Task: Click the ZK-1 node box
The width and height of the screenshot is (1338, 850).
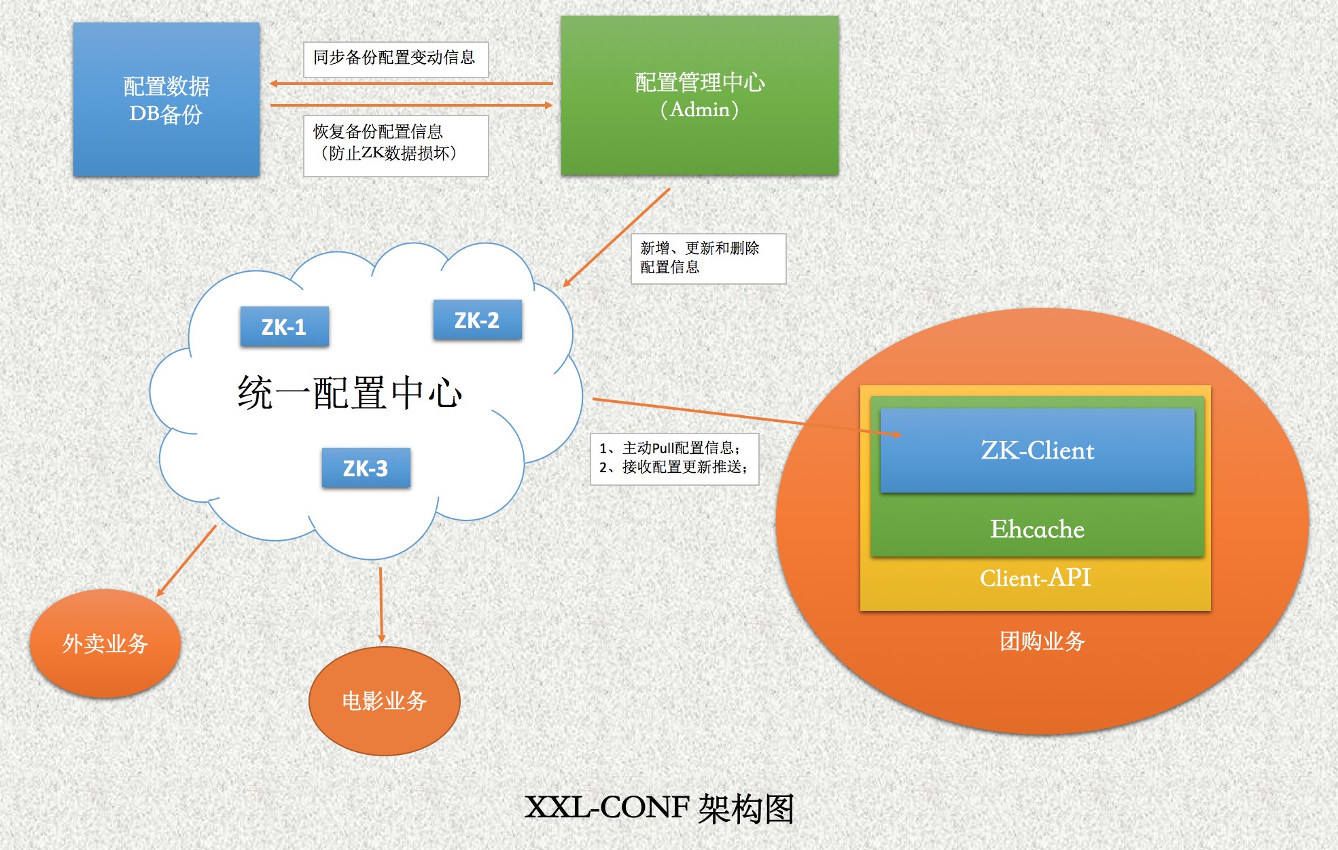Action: click(x=284, y=327)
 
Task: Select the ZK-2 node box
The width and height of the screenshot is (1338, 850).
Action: click(x=477, y=319)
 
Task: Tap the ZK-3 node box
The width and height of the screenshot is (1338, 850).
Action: click(x=366, y=467)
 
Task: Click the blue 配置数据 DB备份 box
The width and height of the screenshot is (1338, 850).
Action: click(x=166, y=99)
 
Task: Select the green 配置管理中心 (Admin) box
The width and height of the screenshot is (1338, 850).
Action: click(x=699, y=95)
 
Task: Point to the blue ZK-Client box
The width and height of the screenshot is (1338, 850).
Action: click(x=1037, y=450)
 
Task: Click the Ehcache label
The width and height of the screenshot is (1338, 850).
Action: click(x=1037, y=529)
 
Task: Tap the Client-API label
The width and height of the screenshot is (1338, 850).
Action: click(x=1035, y=578)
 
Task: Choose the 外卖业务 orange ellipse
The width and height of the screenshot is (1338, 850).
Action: click(x=105, y=643)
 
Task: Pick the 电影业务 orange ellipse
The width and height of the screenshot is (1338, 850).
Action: click(x=384, y=701)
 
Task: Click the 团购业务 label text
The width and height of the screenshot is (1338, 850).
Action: click(x=1042, y=641)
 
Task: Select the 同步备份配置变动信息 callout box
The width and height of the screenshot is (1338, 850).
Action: click(x=395, y=59)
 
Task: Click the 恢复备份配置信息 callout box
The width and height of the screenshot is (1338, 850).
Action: click(x=395, y=145)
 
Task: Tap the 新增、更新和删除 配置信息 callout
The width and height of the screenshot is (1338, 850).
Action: click(x=708, y=258)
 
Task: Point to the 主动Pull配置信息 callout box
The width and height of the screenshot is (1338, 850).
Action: click(x=674, y=459)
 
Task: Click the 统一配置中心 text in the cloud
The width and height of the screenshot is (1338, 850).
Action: click(x=350, y=393)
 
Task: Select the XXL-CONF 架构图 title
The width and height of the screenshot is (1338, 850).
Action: click(x=659, y=809)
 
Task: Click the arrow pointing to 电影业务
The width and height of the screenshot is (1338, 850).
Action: click(x=381, y=605)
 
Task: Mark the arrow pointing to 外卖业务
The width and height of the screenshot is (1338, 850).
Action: click(x=186, y=561)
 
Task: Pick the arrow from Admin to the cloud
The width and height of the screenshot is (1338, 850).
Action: click(x=616, y=237)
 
